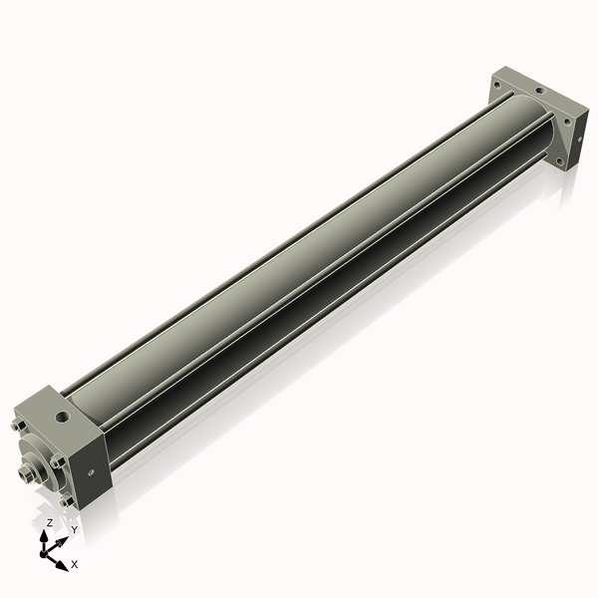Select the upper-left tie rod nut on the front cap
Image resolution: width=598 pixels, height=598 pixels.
click(x=17, y=426)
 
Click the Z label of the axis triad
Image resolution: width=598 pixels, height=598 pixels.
click(x=50, y=522)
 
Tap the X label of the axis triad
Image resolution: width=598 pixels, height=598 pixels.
click(x=74, y=564)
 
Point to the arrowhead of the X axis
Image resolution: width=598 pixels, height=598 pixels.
click(x=62, y=563)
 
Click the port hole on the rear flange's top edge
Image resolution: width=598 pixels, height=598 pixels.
click(x=539, y=91)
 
